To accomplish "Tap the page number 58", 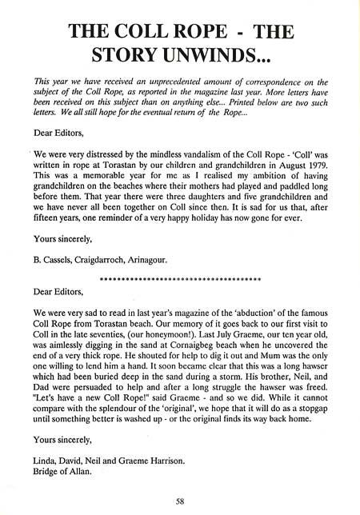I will click(x=182, y=503).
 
